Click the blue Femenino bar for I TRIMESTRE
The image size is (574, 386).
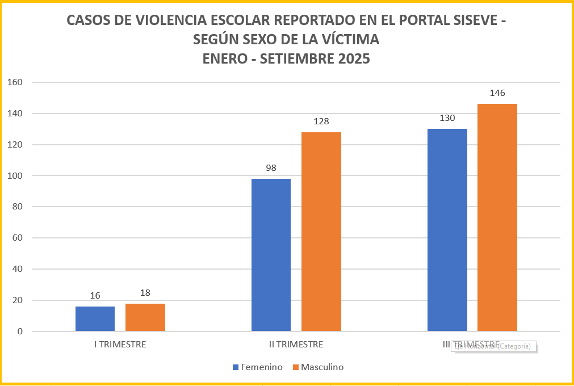click(x=95, y=319)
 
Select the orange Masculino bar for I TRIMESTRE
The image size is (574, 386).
click(x=145, y=317)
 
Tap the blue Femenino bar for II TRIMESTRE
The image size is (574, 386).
click(x=271, y=255)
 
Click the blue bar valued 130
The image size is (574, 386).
click(x=447, y=230)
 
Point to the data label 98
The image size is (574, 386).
click(x=271, y=168)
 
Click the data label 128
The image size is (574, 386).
click(x=321, y=121)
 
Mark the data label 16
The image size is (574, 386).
click(x=95, y=296)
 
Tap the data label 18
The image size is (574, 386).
click(x=145, y=293)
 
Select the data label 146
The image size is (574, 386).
click(x=497, y=93)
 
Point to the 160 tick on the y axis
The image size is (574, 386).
click(x=15, y=82)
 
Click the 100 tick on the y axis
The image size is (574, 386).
click(x=15, y=176)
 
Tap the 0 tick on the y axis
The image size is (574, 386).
click(x=19, y=332)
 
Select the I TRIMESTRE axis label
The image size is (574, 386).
click(x=120, y=345)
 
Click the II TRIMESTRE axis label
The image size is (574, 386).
click(x=296, y=345)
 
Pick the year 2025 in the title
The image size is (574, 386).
click(x=351, y=58)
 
